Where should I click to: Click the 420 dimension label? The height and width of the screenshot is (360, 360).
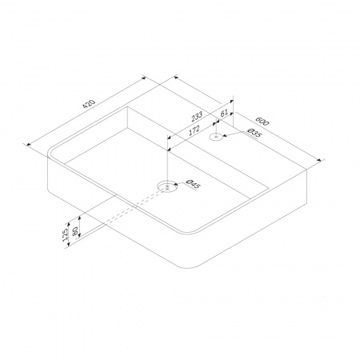(x=89, y=104)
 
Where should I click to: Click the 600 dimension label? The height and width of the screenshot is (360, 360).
(x=262, y=121)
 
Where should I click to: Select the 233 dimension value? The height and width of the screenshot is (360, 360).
(x=197, y=116)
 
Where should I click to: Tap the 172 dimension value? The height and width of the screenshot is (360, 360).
(x=194, y=130)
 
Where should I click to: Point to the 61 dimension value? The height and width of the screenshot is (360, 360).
(x=224, y=113)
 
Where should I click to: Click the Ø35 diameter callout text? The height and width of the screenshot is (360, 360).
(x=254, y=134)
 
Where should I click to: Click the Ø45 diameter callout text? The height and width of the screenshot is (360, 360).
(x=193, y=184)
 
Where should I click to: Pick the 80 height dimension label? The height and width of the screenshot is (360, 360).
(x=75, y=230)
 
